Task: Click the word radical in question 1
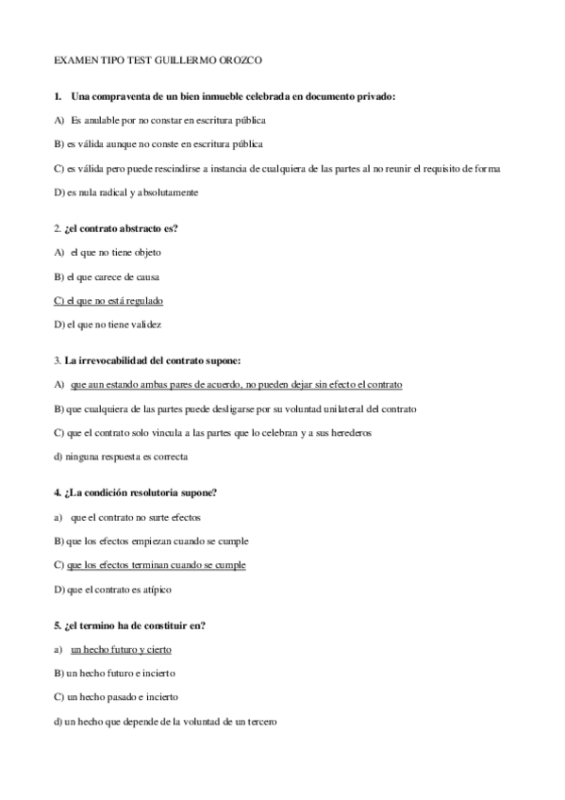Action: (125, 192)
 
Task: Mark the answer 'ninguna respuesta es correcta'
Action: (120, 457)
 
